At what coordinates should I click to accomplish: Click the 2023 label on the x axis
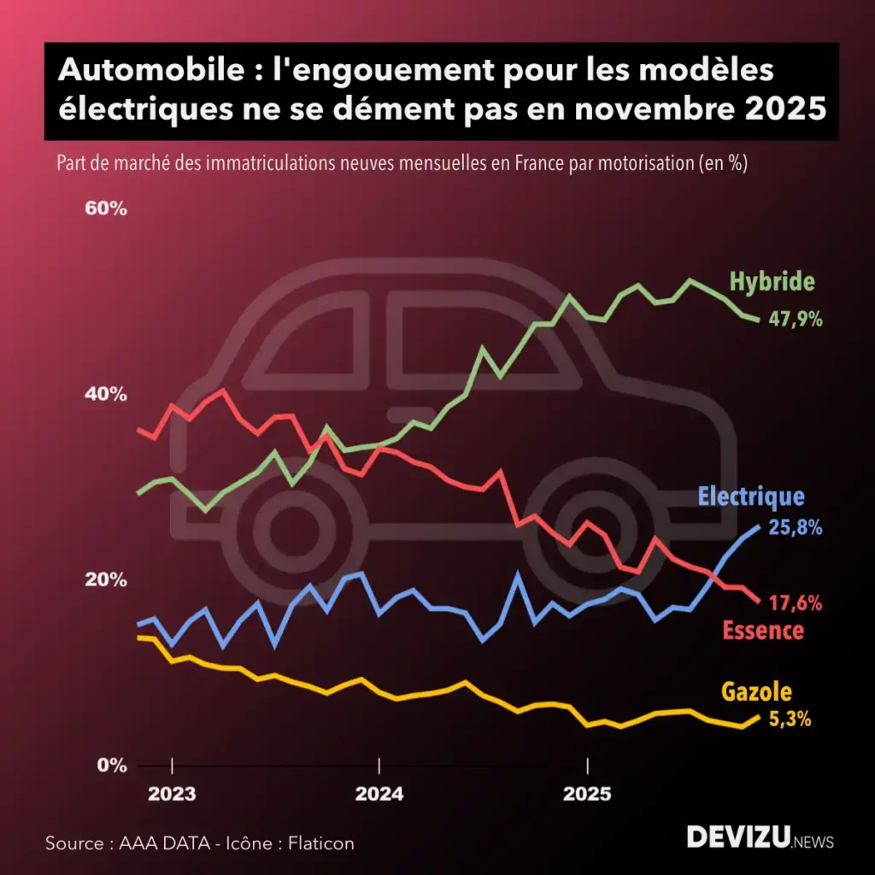coord(172,794)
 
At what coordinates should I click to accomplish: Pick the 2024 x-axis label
coord(379,794)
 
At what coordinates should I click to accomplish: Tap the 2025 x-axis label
coord(587,794)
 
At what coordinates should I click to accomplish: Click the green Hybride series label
coord(772,282)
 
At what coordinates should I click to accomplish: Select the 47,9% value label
coord(796,320)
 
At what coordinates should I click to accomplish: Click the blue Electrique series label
coord(751,496)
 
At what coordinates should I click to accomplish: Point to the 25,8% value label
coord(796,528)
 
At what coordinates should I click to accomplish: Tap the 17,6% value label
coord(796,603)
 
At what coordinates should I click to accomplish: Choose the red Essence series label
coord(763,631)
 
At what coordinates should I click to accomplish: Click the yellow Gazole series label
coord(756,691)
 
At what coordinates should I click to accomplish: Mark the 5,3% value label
coord(790,719)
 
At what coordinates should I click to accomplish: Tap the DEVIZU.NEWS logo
coord(760,837)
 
